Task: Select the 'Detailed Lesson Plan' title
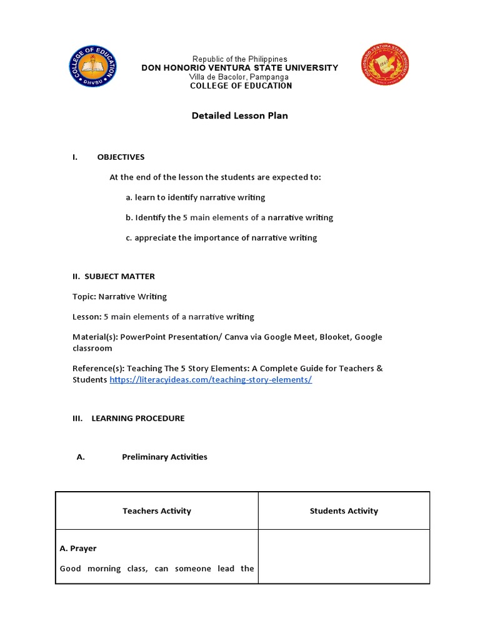(239, 115)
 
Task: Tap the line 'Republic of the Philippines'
(239, 59)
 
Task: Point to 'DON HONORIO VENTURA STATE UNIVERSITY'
(239, 68)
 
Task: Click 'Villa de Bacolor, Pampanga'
(239, 77)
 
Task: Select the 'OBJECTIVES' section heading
(121, 157)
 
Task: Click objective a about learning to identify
(195, 197)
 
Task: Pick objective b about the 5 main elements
(229, 218)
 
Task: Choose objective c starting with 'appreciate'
(221, 238)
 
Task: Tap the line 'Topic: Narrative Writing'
(120, 296)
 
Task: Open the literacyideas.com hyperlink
(211, 380)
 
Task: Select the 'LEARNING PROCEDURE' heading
(138, 418)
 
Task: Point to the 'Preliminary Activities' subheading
(164, 457)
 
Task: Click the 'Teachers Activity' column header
(157, 511)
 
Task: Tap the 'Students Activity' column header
(344, 511)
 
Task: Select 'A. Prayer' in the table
(78, 549)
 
